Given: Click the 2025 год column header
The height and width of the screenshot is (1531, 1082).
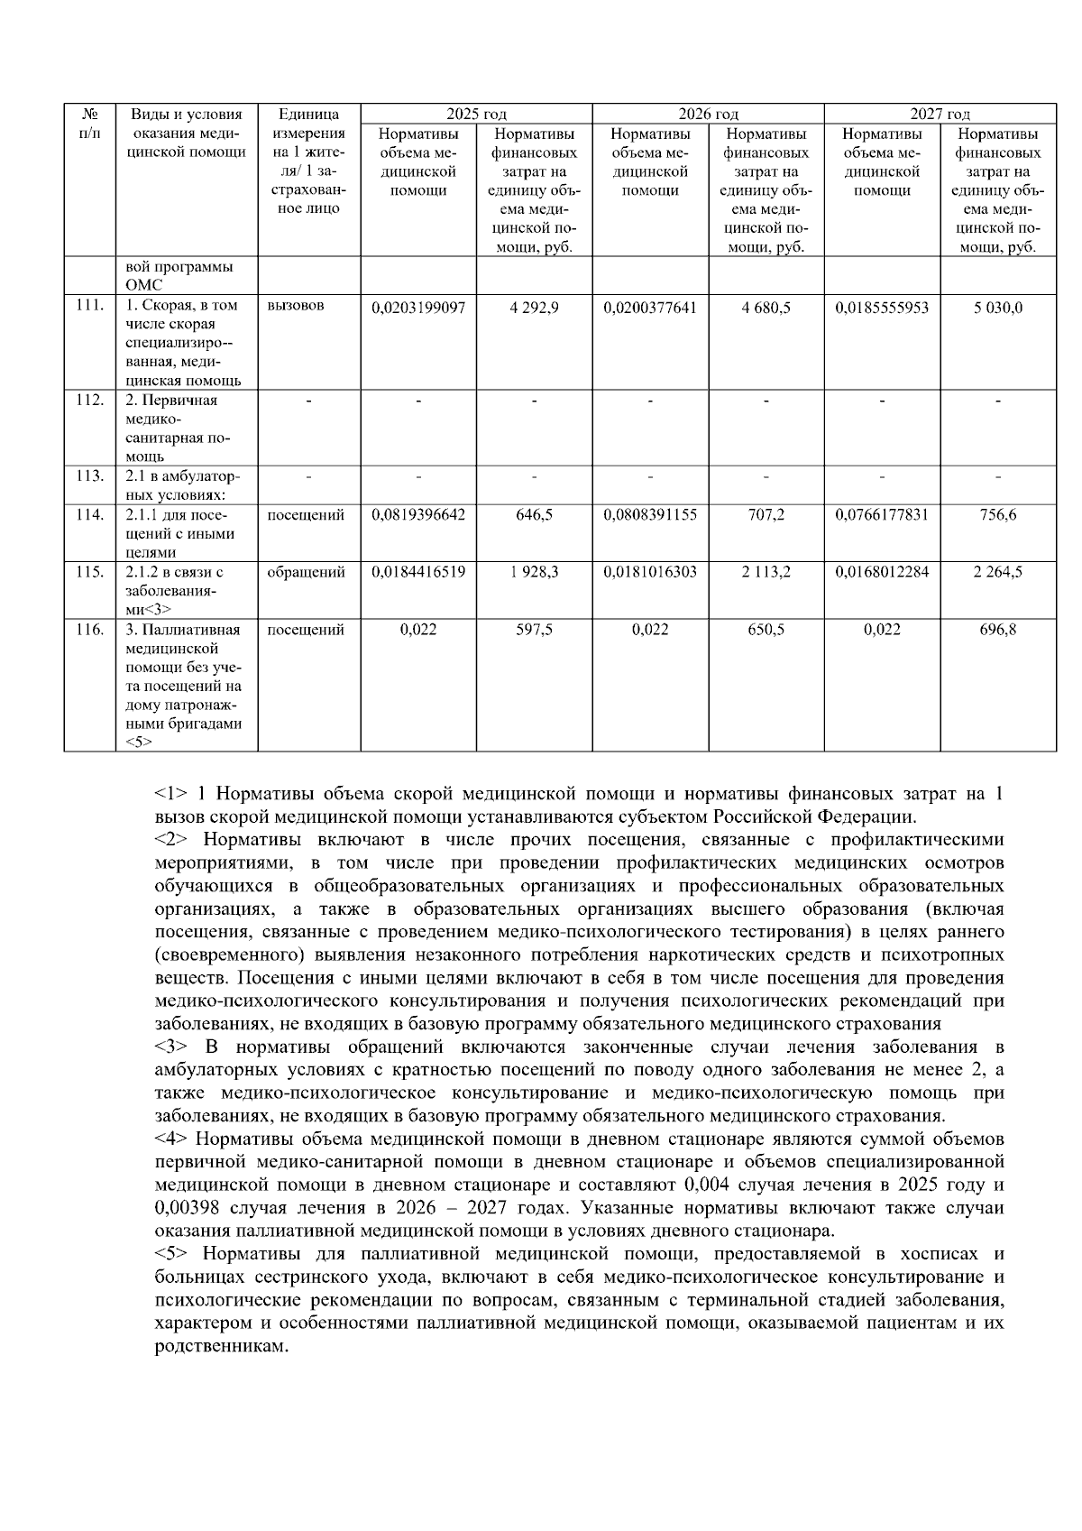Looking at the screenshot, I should coord(476,114).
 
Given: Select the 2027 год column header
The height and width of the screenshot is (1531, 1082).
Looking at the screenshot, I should coord(940,114).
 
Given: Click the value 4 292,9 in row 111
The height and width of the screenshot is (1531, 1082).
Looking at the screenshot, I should coord(534,308).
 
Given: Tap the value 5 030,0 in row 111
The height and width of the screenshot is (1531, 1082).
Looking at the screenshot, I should coord(997,308).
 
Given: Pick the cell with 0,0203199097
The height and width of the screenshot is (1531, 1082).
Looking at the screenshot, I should coord(418,308).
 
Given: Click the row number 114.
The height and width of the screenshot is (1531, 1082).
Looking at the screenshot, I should coord(89,515).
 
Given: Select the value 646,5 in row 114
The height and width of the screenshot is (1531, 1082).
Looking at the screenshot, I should coord(534,515).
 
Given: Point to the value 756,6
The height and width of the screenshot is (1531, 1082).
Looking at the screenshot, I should coord(997,515).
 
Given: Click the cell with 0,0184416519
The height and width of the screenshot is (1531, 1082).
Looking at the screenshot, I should coord(418,572).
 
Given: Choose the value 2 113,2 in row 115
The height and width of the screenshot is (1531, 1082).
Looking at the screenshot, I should coord(766,572).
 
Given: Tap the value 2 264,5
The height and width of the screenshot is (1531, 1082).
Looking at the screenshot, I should coord(997,572).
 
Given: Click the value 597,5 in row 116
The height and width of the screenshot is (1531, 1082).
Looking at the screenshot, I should coord(534,630).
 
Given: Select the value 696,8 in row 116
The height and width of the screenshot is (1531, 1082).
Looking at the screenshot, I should coord(997,630).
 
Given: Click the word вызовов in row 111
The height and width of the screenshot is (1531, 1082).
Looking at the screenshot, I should coord(296,306).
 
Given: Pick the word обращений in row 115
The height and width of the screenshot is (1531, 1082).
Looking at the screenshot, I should coord(306,572).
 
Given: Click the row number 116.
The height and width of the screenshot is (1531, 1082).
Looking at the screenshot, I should coord(89,630).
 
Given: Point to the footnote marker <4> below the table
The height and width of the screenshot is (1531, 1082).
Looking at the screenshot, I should coord(171,1139).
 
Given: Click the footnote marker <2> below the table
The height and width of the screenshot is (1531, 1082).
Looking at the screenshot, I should coord(171,840).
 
